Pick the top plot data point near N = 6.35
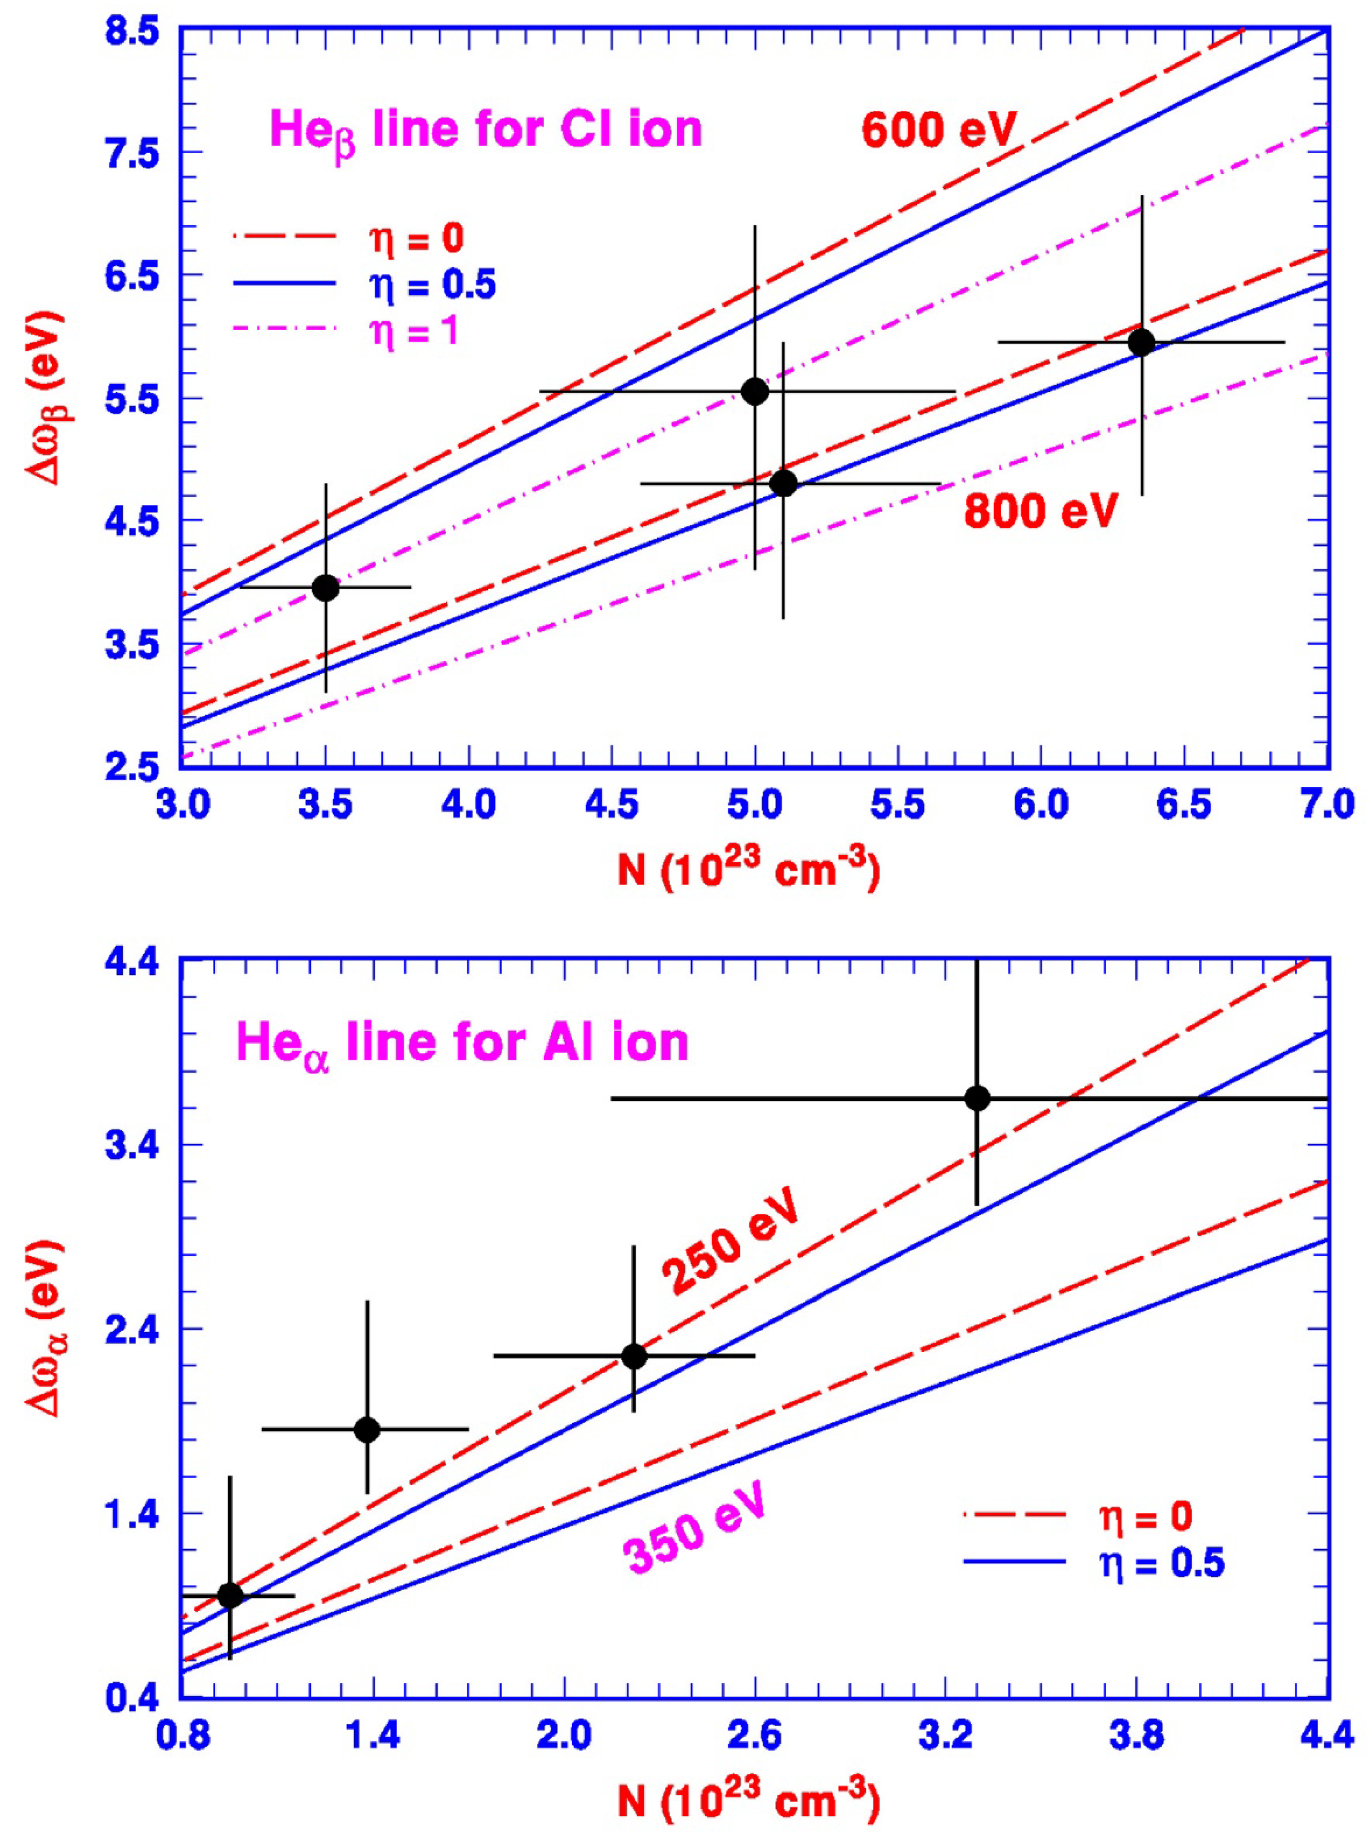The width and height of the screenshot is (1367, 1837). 1141,342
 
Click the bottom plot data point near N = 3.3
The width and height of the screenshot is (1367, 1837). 977,1098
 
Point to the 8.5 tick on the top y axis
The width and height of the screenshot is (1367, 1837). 131,33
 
